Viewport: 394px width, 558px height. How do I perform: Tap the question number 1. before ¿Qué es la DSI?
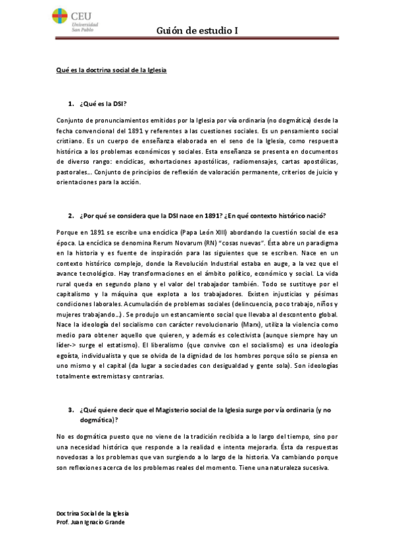pyautogui.click(x=70, y=104)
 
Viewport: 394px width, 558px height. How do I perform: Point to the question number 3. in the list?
pyautogui.click(x=70, y=409)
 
